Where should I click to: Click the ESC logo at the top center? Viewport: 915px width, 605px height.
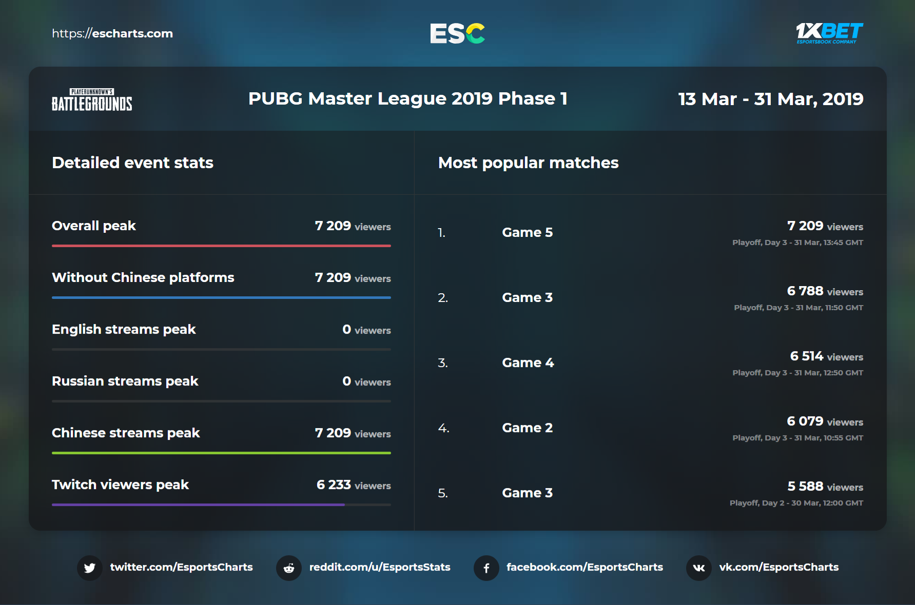coord(457,33)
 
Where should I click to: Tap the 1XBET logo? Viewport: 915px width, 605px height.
coord(829,33)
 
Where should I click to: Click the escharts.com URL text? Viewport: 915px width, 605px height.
coord(112,33)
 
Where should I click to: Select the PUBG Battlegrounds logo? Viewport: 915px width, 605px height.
coord(92,100)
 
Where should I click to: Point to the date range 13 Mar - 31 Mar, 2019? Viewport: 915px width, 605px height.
coord(770,99)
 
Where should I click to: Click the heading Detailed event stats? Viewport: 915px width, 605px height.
coord(132,163)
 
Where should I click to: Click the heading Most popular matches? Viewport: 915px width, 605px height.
coord(528,163)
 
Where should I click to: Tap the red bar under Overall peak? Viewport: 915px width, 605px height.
coord(221,246)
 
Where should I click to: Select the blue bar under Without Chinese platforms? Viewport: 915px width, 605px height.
coord(221,297)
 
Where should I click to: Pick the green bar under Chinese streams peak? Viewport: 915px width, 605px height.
coord(221,453)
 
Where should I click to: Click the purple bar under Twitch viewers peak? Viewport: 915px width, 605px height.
coord(198,505)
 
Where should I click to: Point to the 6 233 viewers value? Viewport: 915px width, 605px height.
coord(353,485)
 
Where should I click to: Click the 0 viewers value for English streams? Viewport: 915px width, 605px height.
coord(366,330)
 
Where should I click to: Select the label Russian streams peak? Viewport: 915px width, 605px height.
coord(125,381)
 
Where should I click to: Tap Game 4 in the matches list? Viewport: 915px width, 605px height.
coord(528,362)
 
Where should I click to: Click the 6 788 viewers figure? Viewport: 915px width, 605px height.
coord(825,291)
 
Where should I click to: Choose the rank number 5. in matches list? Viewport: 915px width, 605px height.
coord(443,493)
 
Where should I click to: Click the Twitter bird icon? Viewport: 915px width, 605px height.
coord(90,568)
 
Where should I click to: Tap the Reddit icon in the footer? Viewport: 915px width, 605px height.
coord(289,568)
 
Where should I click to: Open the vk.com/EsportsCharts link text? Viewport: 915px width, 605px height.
coord(778,567)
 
